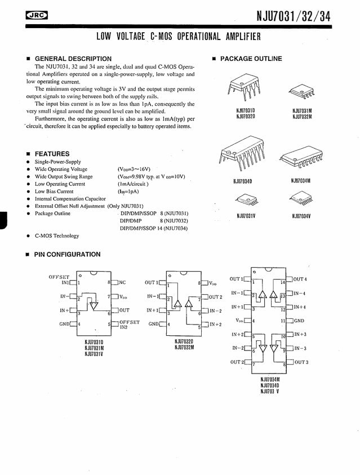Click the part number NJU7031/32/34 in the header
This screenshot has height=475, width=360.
pyautogui.click(x=294, y=16)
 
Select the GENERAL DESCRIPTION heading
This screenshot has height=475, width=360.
pyautogui.click(x=73, y=59)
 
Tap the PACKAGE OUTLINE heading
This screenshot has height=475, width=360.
pyautogui.click(x=251, y=59)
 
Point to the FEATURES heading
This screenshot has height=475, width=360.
pyautogui.click(x=52, y=154)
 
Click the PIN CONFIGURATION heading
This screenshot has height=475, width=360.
pyautogui.click(x=67, y=255)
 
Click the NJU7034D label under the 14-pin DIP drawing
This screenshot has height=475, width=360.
pyautogui.click(x=242, y=181)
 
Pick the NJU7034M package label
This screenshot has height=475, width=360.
pyautogui.click(x=301, y=181)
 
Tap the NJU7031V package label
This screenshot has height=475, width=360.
pyautogui.click(x=246, y=216)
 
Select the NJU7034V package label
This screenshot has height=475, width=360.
pyautogui.click(x=301, y=216)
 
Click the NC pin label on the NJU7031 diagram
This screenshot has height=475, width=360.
pyautogui.click(x=122, y=282)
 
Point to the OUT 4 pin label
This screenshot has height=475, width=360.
pyautogui.click(x=300, y=279)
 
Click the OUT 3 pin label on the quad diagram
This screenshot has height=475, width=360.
pyautogui.click(x=301, y=362)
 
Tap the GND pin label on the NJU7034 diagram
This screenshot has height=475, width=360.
pyautogui.click(x=299, y=321)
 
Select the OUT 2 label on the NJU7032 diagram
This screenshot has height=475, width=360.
pyautogui.click(x=215, y=297)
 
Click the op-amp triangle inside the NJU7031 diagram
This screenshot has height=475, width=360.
pyautogui.click(x=94, y=304)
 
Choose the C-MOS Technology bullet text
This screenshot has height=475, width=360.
pyautogui.click(x=57, y=236)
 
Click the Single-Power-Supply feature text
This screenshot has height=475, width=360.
pyautogui.click(x=57, y=162)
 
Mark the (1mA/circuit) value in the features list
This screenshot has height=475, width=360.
pyautogui.click(x=132, y=184)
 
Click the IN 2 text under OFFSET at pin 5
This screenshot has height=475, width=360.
pyautogui.click(x=123, y=327)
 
